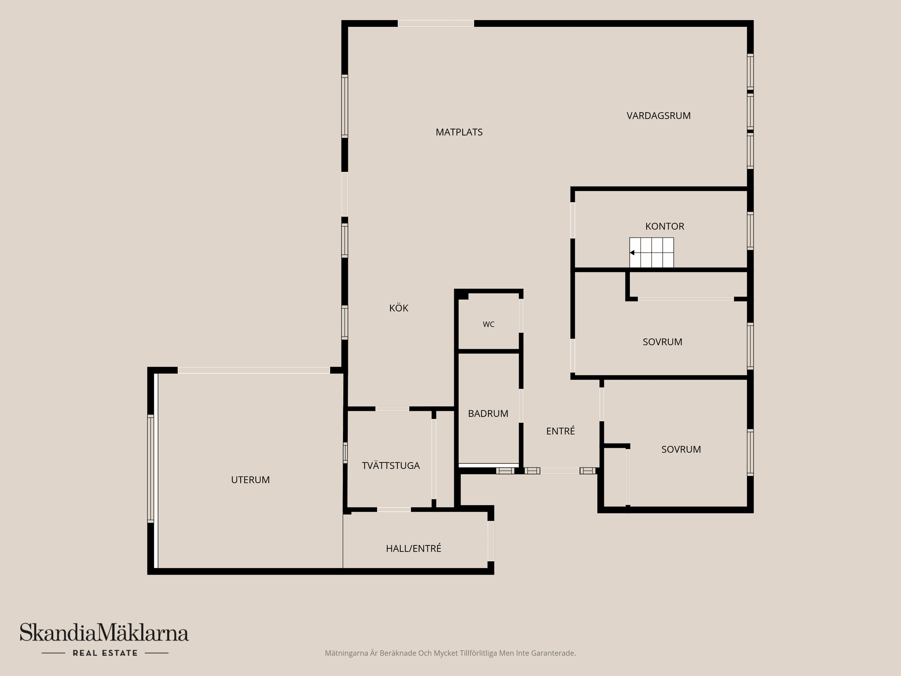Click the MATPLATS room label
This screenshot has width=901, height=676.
459,132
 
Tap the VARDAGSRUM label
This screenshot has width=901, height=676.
658,116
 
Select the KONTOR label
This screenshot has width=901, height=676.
664,226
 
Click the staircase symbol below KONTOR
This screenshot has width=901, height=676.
651,253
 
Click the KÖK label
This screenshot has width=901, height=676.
399,308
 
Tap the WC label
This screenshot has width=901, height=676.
489,324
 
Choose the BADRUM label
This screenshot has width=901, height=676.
488,414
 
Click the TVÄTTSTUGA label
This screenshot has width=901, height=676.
391,465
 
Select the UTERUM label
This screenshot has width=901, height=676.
250,480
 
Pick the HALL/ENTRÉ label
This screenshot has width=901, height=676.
413,548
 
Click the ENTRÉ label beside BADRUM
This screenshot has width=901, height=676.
560,431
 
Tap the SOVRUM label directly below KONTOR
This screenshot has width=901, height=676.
662,342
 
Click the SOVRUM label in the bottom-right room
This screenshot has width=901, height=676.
681,449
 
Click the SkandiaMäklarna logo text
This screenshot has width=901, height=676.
104,632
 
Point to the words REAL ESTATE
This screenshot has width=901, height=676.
105,653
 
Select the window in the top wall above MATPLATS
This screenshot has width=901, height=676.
436,23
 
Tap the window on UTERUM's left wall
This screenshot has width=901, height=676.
151,469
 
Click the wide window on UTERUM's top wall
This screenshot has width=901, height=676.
254,370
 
